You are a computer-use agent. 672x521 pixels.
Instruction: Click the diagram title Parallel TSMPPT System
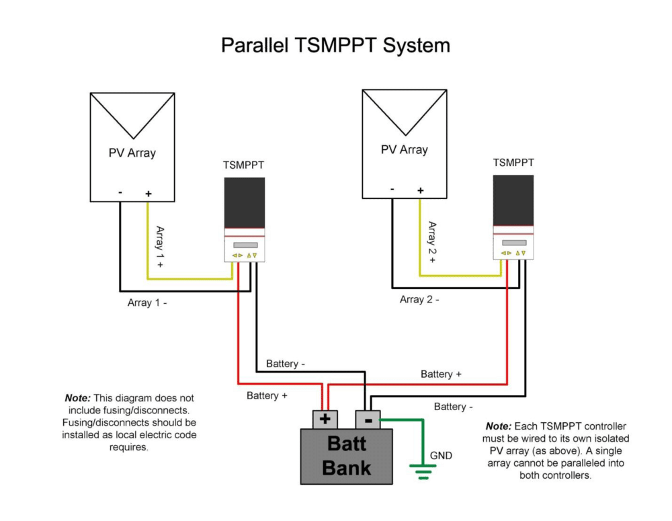335,45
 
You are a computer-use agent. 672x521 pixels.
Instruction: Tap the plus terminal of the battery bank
325,419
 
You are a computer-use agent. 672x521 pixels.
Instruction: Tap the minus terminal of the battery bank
368,419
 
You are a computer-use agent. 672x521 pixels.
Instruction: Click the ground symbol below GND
423,472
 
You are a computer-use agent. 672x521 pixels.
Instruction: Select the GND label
441,455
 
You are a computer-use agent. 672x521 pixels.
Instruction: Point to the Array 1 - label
147,303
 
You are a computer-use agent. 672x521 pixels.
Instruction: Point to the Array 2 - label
419,299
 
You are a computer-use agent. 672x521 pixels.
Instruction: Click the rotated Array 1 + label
160,247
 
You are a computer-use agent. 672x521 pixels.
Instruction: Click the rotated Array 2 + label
432,242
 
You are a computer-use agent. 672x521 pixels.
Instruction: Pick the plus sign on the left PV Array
149,194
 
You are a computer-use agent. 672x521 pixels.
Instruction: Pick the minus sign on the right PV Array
392,189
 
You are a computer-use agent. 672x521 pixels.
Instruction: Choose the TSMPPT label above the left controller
243,165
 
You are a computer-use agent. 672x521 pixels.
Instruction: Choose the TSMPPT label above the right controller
513,163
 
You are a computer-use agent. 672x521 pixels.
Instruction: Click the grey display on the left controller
245,245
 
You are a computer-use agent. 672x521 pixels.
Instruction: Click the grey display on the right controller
514,243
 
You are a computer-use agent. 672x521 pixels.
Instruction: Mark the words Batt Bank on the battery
346,455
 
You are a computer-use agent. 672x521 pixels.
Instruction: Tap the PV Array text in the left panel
132,153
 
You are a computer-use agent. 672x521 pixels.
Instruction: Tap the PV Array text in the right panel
404,150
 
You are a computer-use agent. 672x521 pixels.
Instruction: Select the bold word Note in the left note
77,398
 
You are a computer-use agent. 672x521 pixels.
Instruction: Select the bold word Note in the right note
499,426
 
